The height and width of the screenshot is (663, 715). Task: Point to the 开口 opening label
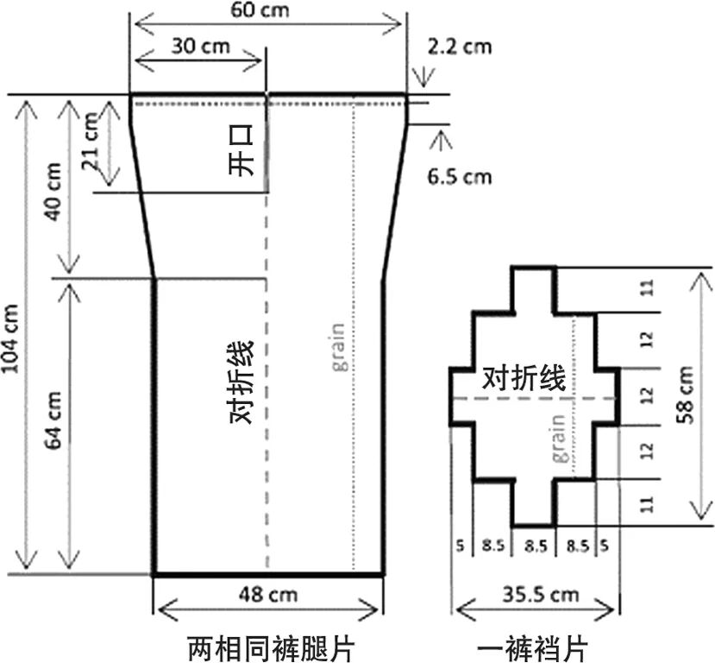click(243, 151)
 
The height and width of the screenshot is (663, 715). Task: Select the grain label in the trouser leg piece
click(337, 347)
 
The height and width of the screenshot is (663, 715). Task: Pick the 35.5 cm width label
click(538, 595)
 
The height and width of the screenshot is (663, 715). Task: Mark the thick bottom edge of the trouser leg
click(268, 574)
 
